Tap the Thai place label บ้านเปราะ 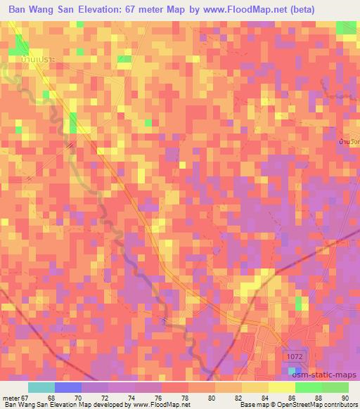[x=34, y=61]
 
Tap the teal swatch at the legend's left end [x=41, y=387]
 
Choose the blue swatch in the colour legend [x=68, y=387]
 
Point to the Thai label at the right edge [x=349, y=142]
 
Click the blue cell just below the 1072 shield [x=296, y=370]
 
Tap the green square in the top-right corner [x=346, y=27]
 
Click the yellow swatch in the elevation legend [x=281, y=387]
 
